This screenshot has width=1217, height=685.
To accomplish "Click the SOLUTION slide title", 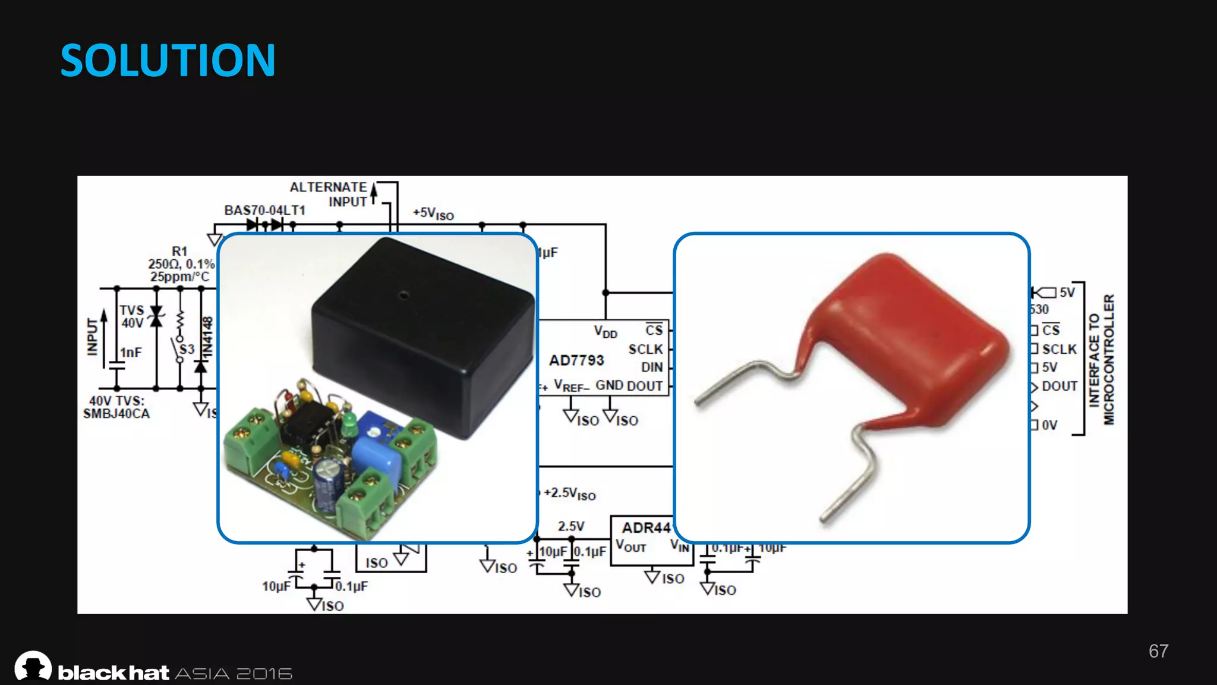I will pos(168,61).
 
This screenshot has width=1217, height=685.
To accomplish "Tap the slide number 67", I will pos(1158,651).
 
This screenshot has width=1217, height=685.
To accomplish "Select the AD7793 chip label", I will pos(576,360).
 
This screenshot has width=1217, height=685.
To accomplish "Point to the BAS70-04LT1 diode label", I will pos(264,210).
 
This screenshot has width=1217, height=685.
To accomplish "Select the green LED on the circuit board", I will pos(349,423).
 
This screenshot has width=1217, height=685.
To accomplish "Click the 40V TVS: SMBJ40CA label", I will pos(116,407).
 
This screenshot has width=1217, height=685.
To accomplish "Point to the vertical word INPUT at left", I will pos(92,337).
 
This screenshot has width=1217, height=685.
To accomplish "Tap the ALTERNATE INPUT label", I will pos(329,194).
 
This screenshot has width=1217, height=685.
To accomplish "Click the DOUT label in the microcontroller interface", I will pos(1060,387).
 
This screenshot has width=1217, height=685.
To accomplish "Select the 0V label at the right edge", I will pos(1049,425).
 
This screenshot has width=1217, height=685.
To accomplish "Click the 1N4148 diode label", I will pos(207,337).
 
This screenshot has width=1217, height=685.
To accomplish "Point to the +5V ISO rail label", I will pos(433,214).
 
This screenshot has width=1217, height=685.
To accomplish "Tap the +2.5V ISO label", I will pos(569,494).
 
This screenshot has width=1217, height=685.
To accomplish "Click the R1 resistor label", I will pos(179,252).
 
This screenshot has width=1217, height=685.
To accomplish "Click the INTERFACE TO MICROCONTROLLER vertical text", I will pos(1101,359).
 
